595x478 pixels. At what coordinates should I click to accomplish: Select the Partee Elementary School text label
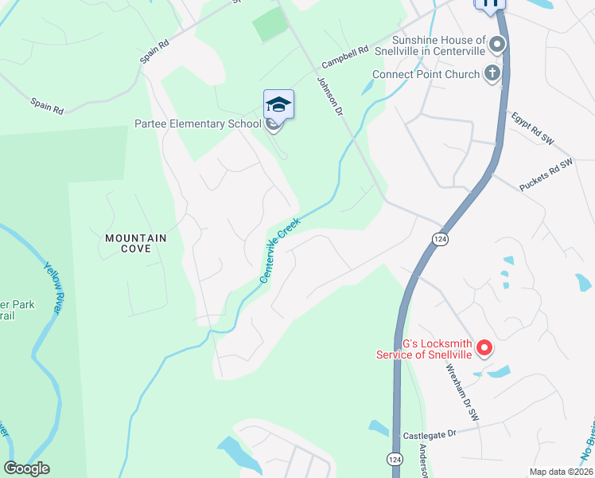197,123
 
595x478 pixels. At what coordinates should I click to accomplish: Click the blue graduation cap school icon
278,105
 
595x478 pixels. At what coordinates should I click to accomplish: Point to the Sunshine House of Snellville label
438,45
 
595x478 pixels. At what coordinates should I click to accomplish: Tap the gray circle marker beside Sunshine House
498,45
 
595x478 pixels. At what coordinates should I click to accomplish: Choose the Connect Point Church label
426,75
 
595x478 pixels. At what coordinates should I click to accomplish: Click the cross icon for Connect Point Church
492,74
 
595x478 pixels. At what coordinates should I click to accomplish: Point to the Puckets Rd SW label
546,174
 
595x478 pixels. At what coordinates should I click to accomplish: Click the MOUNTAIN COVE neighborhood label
136,243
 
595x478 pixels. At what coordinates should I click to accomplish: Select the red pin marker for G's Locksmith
484,347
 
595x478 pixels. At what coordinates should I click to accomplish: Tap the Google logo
26,468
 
